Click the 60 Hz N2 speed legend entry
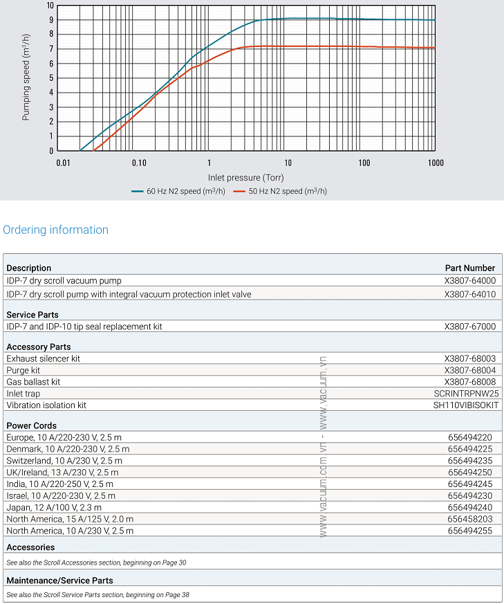[x=184, y=191]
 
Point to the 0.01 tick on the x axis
[x=63, y=163]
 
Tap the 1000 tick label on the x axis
[x=435, y=163]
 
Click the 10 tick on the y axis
[x=49, y=6]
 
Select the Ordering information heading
[x=56, y=230]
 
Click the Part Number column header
[x=469, y=268]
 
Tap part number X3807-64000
[x=469, y=280]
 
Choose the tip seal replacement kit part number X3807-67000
[x=469, y=326]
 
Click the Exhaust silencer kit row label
[x=44, y=358]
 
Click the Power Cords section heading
[x=31, y=425]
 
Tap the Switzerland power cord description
[x=64, y=460]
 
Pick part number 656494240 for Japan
[x=469, y=507]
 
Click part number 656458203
[x=469, y=519]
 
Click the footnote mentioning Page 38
[x=97, y=594]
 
